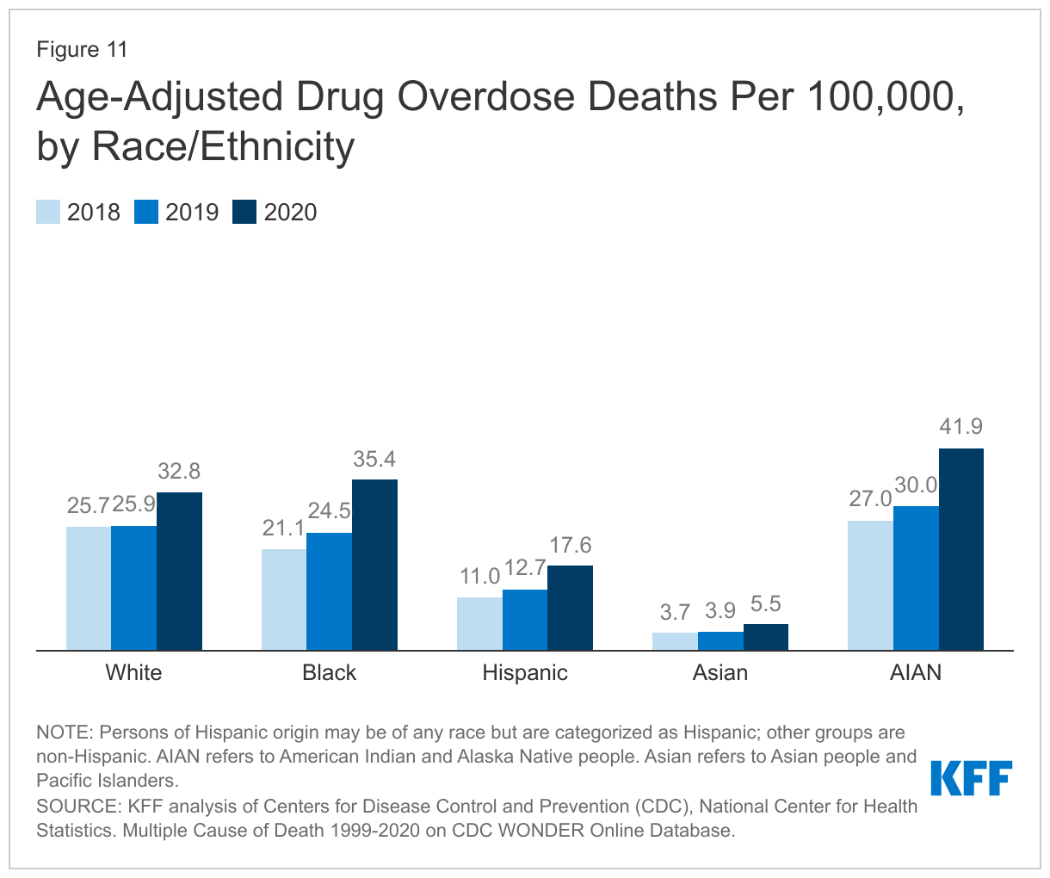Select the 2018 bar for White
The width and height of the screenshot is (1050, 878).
pos(89,588)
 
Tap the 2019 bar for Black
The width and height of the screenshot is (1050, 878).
pos(329,591)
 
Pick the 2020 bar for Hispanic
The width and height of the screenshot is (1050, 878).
pos(570,608)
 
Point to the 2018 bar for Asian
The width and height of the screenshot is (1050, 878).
pos(675,641)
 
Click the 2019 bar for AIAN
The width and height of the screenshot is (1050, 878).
pos(916,578)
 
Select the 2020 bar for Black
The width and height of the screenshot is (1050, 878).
pos(374,565)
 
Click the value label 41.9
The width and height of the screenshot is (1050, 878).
pos(960,427)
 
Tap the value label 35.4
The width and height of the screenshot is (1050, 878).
pos(374,459)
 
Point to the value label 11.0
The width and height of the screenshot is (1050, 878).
pos(479,576)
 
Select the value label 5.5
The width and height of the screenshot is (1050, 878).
pos(765,603)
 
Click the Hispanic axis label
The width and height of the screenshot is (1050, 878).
pos(525,672)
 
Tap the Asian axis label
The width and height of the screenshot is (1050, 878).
pos(720,672)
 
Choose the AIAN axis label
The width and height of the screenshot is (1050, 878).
pos(916,672)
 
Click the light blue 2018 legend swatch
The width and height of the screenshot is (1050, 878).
pos(48,212)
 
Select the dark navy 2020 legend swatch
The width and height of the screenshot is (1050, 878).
pos(245,212)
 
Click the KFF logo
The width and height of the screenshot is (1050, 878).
pos(972,778)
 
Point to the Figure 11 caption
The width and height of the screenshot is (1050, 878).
pos(82,49)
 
